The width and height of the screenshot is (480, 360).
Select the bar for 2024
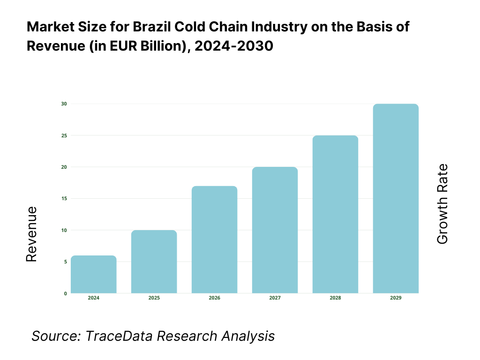93,275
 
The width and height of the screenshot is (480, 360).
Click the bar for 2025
154,262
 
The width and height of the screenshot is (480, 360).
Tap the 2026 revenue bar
214,240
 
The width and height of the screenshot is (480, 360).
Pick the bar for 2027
275,230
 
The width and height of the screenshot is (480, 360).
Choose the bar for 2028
335,214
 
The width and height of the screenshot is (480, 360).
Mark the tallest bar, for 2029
396,199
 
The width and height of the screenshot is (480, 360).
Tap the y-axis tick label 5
65,262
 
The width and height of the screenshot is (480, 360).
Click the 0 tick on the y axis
65,294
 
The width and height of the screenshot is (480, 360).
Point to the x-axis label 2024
93,298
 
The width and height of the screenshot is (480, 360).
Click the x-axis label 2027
275,298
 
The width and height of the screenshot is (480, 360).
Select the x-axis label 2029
396,298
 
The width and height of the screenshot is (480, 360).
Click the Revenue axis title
31,234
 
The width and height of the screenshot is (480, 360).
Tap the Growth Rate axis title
442,204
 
